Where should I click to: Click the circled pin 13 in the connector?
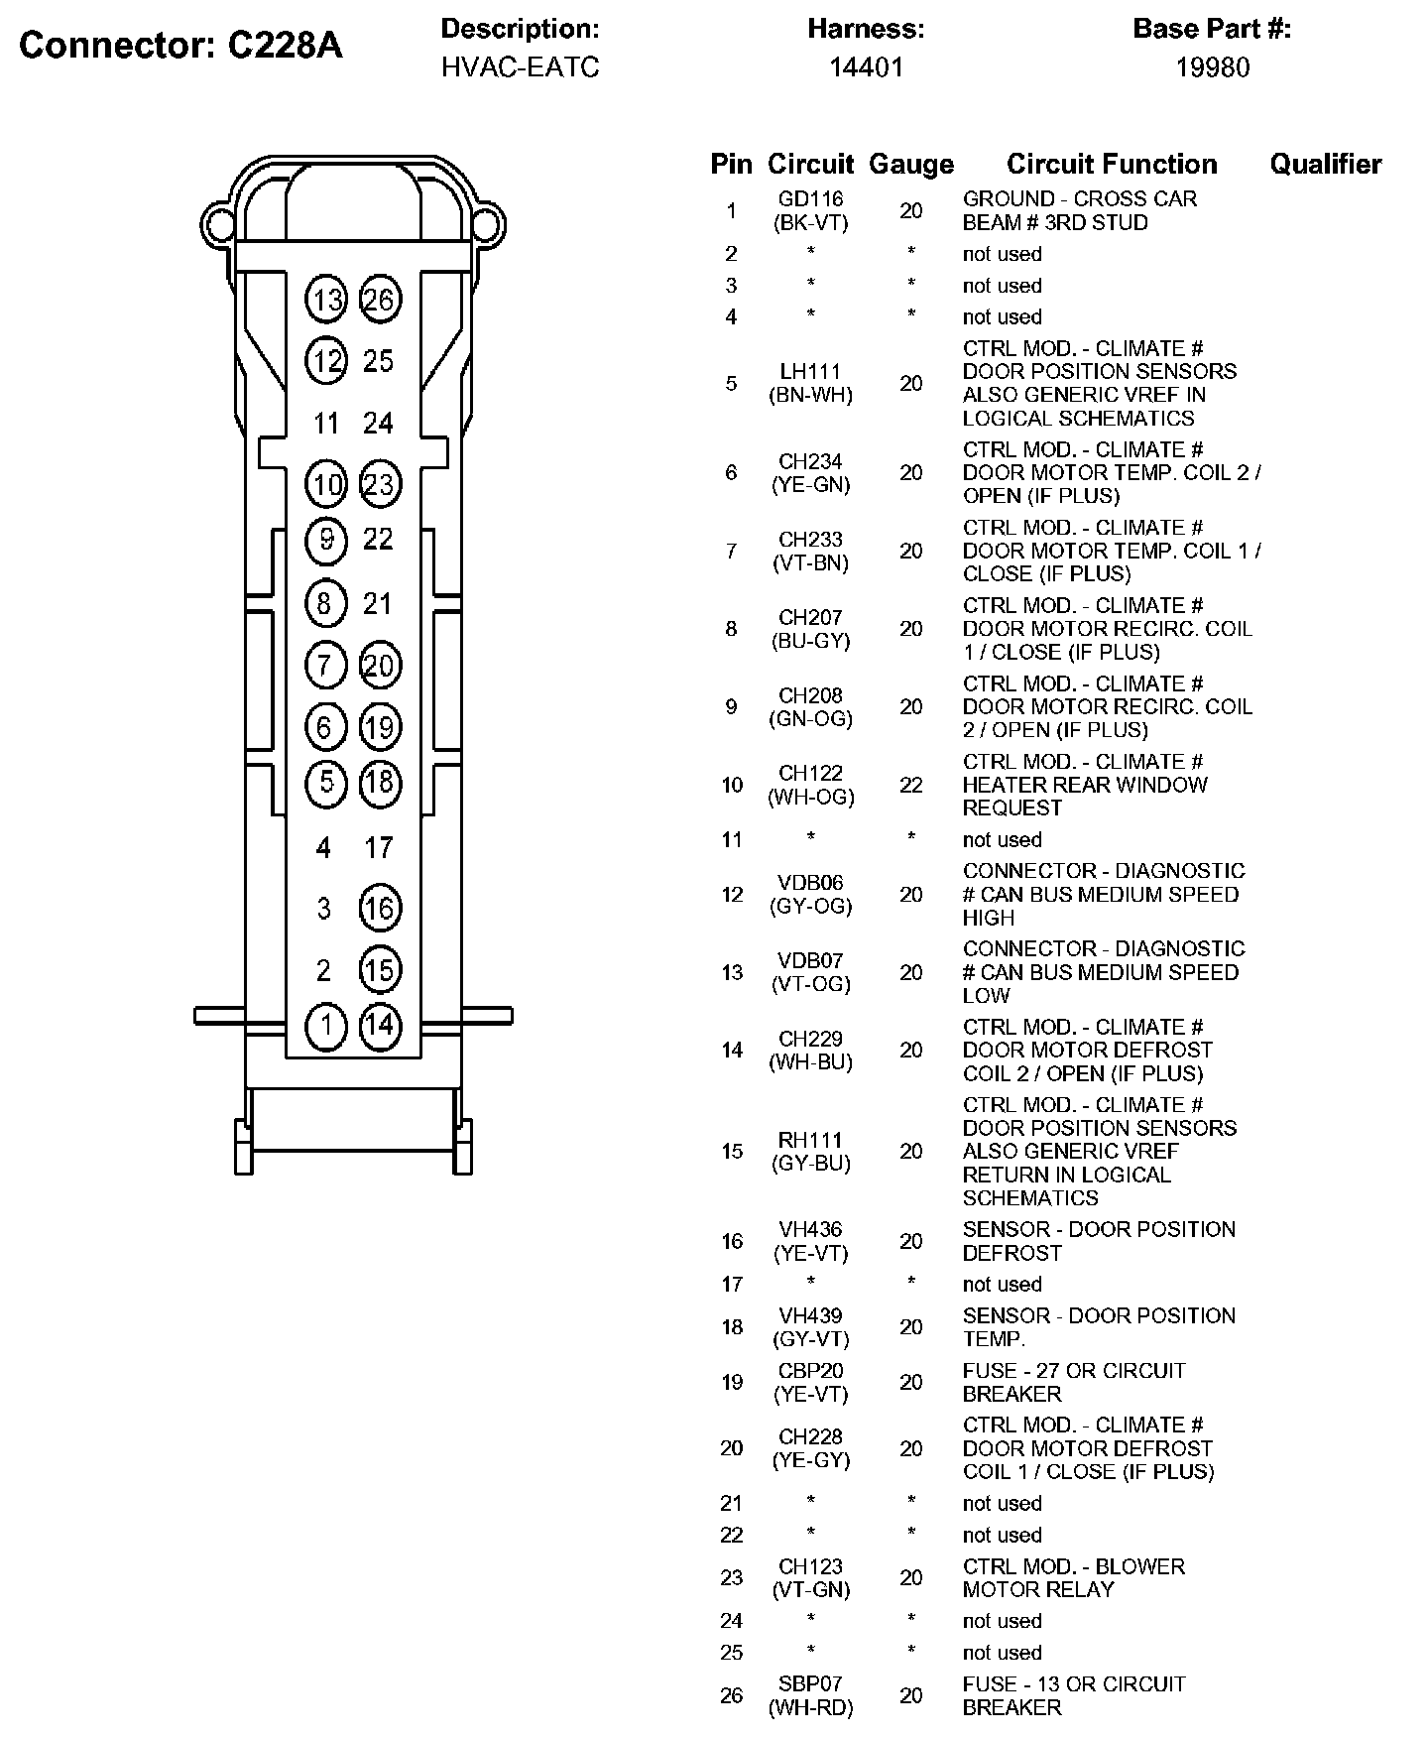(x=326, y=300)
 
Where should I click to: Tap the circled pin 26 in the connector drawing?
(x=379, y=300)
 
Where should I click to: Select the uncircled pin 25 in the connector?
(x=378, y=361)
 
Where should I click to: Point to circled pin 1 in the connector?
(x=325, y=1025)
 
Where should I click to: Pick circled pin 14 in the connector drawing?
(x=379, y=1025)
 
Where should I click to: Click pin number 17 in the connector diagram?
(x=378, y=848)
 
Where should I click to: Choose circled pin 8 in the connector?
(x=325, y=603)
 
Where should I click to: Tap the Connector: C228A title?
(x=180, y=46)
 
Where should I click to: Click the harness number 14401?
(x=866, y=67)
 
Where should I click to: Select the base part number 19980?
(x=1212, y=67)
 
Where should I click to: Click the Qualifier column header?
(x=1325, y=164)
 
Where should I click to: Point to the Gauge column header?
(x=910, y=164)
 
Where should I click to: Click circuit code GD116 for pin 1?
(x=810, y=199)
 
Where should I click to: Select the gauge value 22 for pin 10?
(x=910, y=785)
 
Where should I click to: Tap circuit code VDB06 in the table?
(x=810, y=883)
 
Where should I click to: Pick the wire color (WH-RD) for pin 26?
(x=810, y=1707)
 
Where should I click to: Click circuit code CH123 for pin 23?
(x=810, y=1566)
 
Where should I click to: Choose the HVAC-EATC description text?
(x=520, y=67)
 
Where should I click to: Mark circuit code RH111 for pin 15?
(x=810, y=1140)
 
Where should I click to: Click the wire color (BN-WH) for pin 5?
(x=810, y=395)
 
